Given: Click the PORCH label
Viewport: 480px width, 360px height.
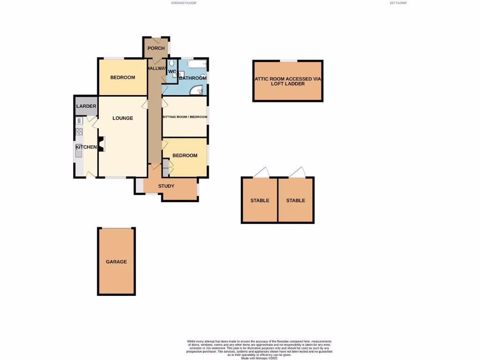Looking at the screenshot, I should (156, 48).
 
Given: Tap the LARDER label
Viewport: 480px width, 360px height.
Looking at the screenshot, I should (86, 106).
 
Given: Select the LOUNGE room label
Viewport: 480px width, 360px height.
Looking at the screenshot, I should (123, 118).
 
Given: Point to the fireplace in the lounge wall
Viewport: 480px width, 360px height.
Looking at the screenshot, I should (101, 144).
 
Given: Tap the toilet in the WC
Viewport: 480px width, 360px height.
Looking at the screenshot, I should (172, 63).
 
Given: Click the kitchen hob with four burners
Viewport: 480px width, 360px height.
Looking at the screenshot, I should (79, 132).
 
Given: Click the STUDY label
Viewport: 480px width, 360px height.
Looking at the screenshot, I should (166, 186).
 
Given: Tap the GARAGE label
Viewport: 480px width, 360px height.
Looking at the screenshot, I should (116, 262).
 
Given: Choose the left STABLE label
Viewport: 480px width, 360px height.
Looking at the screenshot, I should (260, 201).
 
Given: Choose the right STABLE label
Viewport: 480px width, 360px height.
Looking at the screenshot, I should (296, 201).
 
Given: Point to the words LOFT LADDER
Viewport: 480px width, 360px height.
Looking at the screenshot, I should (288, 84).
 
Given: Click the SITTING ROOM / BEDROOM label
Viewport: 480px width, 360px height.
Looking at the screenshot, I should (184, 117).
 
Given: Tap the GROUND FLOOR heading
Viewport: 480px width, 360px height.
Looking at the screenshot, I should (183, 3).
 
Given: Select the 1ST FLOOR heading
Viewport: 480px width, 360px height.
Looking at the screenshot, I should (398, 3).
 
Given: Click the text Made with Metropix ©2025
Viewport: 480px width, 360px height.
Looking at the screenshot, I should (259, 358).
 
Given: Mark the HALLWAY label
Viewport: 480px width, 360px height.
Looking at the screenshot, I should (156, 68).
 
